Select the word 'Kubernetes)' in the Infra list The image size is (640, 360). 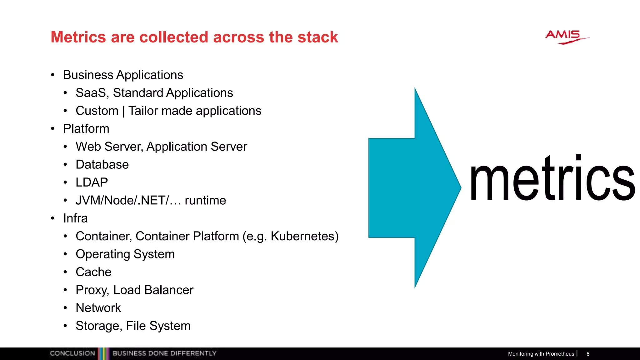[304, 236]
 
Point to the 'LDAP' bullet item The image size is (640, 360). [92, 182]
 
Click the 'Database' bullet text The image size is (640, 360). [102, 165]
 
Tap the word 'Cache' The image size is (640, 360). [93, 272]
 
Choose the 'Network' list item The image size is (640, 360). [98, 308]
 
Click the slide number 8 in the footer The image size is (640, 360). [588, 354]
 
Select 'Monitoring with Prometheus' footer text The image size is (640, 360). [541, 354]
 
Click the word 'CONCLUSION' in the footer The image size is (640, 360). [72, 353]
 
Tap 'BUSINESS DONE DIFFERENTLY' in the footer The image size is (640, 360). [164, 353]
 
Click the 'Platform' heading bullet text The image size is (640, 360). [86, 129]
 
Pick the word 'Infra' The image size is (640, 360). [75, 218]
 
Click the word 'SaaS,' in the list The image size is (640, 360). [92, 93]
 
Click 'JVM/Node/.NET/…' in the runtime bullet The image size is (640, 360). [128, 201]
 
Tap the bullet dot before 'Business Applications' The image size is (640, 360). [53, 75]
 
